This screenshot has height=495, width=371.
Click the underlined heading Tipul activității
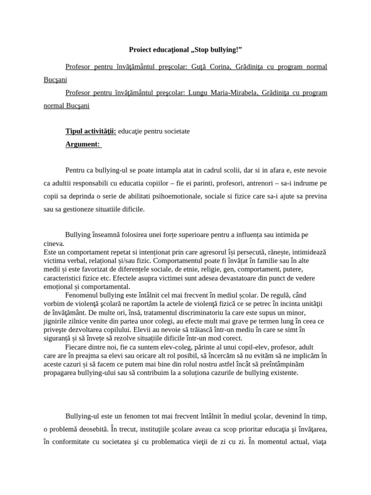(x=91, y=131)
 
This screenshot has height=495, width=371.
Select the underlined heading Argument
(x=83, y=144)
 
